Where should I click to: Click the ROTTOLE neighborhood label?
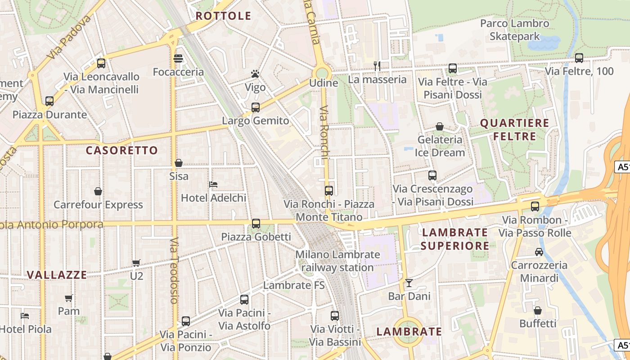coord(223,16)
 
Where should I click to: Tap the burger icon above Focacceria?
coord(178,58)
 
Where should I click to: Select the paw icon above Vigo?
coord(255,74)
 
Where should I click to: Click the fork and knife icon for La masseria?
coord(377,66)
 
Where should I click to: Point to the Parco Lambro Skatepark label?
coord(515,30)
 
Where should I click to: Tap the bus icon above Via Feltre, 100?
coord(579,58)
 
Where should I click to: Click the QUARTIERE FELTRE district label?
coord(515,130)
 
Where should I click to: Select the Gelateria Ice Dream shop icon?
coord(440,127)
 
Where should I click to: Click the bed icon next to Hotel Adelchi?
coord(213,184)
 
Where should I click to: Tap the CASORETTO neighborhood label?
coord(122,150)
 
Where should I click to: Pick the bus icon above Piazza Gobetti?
coord(256,223)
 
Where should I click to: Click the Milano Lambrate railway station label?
coord(337,261)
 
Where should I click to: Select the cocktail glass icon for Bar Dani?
coord(409,283)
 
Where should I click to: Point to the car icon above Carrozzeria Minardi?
coord(539,252)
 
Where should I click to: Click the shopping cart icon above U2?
coord(136,263)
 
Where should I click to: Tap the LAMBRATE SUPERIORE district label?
coord(455,239)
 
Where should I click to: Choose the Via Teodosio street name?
coord(175,270)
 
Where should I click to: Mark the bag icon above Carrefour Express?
coord(98,192)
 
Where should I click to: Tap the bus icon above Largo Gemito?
coord(256,107)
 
